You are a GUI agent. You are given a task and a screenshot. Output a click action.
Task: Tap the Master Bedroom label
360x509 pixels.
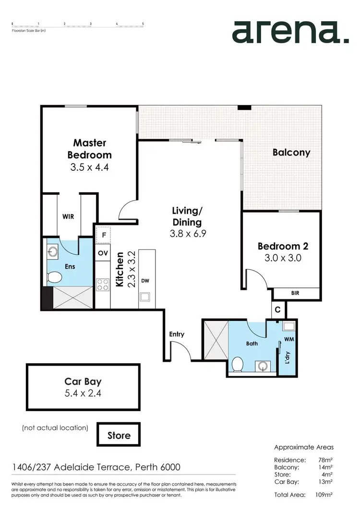point(90,149)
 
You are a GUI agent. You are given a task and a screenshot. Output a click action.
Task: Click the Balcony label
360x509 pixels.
point(291,153)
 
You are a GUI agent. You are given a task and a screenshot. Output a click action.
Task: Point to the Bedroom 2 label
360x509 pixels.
point(282,246)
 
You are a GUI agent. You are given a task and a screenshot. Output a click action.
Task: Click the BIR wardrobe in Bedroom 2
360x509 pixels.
point(295,292)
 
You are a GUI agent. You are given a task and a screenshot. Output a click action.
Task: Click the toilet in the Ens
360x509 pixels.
point(55,278)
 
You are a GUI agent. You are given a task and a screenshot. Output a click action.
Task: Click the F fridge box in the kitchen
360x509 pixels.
point(103,235)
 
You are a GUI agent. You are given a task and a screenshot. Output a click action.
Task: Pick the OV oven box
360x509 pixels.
point(103,252)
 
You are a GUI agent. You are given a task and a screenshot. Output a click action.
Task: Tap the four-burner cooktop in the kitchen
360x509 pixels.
point(103,284)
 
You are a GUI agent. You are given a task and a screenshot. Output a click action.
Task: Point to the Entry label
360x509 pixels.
point(177,334)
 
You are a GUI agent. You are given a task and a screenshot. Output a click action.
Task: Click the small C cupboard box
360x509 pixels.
point(278,309)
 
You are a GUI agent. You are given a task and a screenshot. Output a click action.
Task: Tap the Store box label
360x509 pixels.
point(119,436)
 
